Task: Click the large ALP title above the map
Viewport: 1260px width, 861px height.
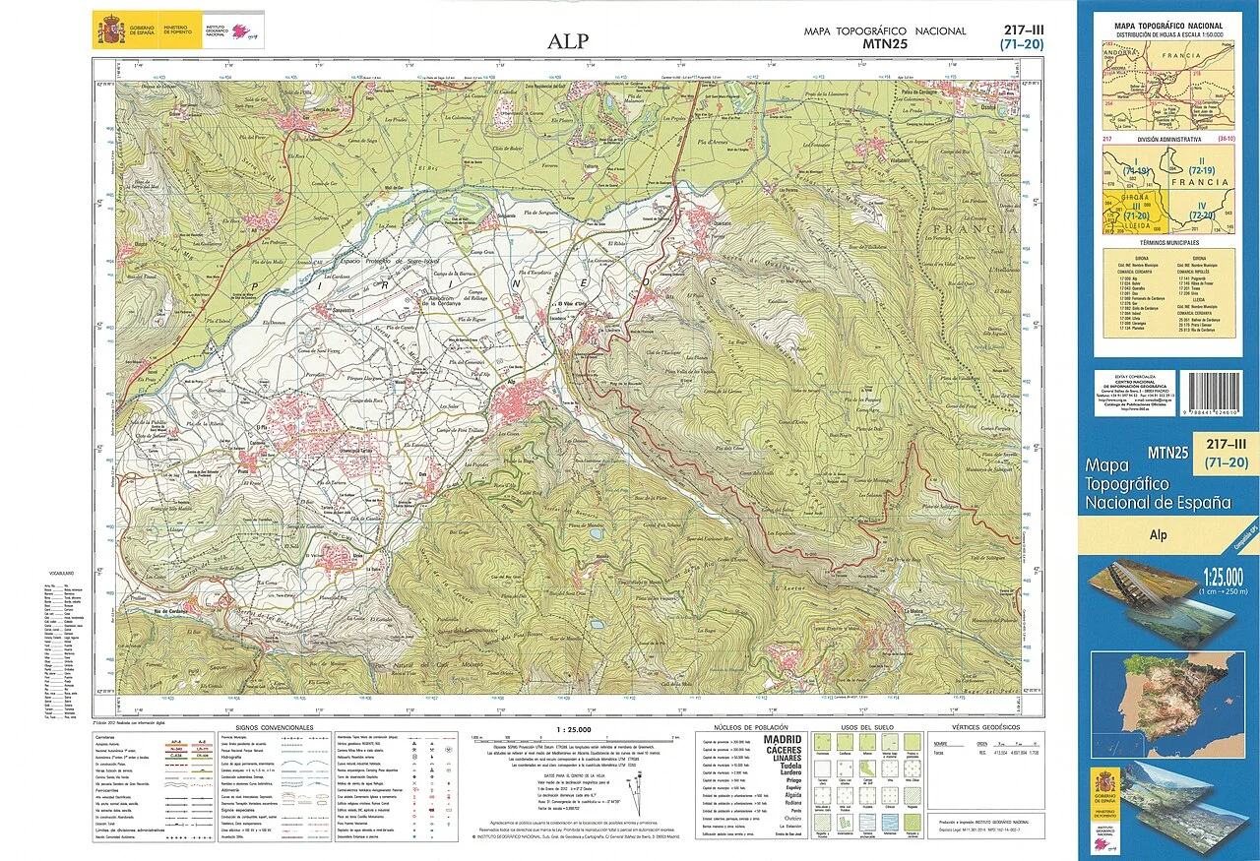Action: [569, 41]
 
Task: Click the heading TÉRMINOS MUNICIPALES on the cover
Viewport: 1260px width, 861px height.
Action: [1168, 241]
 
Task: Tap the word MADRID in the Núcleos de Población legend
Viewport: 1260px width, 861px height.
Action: [777, 739]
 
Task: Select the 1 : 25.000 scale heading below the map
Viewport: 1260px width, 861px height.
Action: [567, 729]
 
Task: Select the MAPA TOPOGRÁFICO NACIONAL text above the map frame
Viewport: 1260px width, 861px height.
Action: [885, 31]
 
